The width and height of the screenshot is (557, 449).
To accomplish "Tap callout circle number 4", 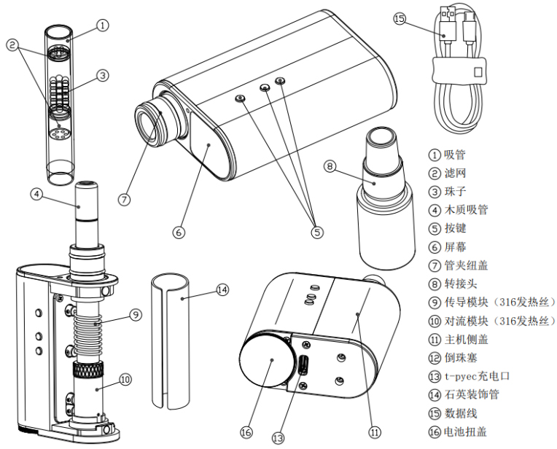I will coord(36,195).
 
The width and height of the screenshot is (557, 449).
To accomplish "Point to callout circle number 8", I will coord(330,167).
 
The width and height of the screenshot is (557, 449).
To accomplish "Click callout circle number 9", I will coord(136,315).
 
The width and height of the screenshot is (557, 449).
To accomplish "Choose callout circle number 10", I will coord(125,378).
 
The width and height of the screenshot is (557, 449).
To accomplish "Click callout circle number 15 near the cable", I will coord(399,18).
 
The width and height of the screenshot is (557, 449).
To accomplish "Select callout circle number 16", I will coord(246,432).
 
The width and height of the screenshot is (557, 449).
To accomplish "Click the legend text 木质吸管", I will coord(467,210).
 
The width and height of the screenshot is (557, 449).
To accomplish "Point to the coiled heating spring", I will coord(90,327).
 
